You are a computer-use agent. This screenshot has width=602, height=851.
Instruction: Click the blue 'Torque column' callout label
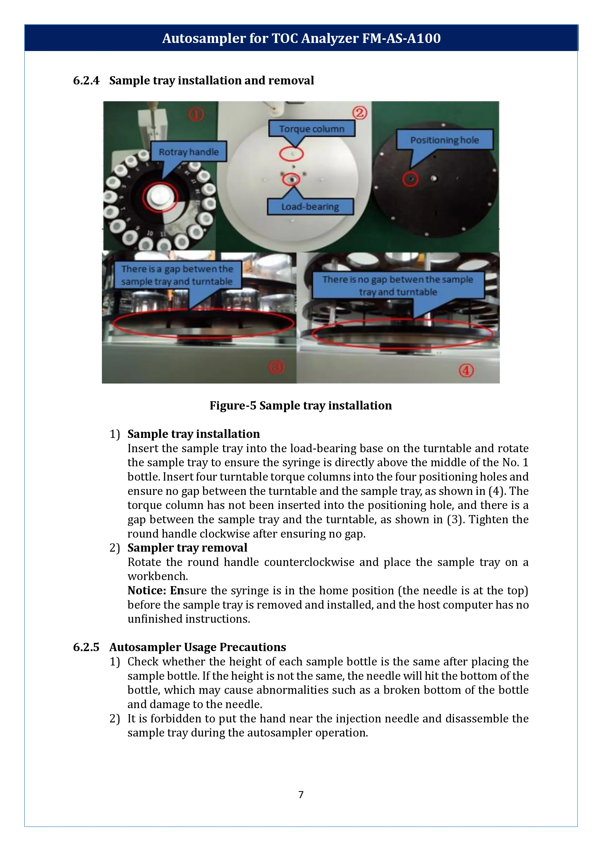coord(311,129)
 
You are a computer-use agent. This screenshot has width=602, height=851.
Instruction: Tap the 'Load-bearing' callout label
coord(310,206)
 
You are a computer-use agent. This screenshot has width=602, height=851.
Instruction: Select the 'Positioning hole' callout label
coord(445,140)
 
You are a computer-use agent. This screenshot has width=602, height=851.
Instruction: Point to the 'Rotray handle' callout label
coord(189,152)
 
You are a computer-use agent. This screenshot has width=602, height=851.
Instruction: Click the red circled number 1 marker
coord(196,114)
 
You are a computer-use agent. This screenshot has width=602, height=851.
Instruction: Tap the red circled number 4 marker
coord(466,370)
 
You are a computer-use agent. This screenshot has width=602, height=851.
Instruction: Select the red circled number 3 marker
coord(276,367)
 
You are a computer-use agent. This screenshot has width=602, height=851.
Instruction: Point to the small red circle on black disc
coord(410,179)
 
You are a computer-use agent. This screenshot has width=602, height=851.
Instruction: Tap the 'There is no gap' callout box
coord(398,285)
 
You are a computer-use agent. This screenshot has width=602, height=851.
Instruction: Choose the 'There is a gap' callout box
coord(177,275)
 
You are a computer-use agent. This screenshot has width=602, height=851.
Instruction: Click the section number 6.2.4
coord(86,81)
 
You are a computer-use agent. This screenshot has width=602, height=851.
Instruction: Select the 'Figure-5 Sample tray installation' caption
coord(301,405)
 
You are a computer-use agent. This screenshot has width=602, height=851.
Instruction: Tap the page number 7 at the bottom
coord(301,794)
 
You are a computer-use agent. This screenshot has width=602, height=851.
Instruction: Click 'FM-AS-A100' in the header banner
coord(401,38)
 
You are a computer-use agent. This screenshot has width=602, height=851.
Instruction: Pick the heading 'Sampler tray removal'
coord(187,548)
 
